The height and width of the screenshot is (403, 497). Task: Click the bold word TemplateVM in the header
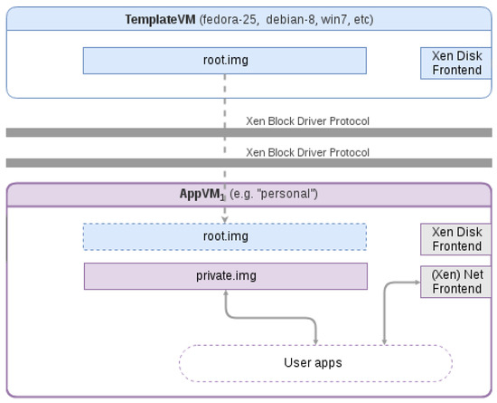[160, 20]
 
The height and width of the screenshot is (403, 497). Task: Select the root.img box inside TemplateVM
[225, 61]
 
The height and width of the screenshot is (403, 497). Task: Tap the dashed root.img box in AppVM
[225, 237]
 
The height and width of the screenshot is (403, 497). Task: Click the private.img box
[226, 276]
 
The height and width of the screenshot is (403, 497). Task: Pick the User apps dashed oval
[315, 363]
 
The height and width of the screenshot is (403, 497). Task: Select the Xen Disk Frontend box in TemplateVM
[455, 63]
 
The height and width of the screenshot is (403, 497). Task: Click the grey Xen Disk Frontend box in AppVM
[455, 239]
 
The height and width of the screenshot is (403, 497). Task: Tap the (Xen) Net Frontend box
[455, 282]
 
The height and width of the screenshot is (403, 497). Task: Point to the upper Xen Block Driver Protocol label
[307, 121]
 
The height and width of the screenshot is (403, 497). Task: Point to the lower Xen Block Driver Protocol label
[307, 152]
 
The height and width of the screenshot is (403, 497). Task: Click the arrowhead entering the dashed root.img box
[225, 220]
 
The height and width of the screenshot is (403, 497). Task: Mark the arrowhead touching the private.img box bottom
[226, 293]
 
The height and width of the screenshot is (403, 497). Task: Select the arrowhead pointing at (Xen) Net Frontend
[417, 282]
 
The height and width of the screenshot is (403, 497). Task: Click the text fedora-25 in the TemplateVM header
[229, 20]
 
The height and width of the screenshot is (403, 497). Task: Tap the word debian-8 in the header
[290, 20]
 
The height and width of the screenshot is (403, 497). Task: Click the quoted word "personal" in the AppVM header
[287, 194]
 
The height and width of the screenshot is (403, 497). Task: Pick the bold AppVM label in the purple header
[202, 194]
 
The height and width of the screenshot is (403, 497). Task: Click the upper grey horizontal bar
[249, 132]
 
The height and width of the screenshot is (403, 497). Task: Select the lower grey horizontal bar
[249, 163]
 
